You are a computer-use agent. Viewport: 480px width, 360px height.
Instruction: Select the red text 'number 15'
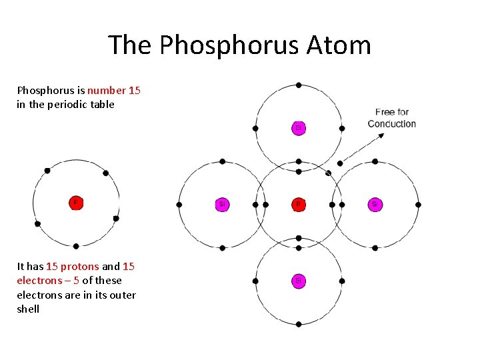point(114,90)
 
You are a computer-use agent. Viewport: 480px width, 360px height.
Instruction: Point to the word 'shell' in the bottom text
point(28,309)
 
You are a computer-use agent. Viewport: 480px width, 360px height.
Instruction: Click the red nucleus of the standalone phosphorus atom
point(76,203)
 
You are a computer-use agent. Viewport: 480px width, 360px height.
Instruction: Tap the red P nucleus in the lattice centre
point(299,205)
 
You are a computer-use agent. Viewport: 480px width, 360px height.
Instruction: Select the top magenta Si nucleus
point(299,127)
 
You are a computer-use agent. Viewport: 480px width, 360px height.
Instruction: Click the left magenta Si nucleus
point(222,205)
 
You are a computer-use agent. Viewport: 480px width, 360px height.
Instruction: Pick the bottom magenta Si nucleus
point(299,281)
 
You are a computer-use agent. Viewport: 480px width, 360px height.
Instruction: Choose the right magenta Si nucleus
point(375,205)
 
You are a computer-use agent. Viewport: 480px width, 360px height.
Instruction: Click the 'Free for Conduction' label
point(392,118)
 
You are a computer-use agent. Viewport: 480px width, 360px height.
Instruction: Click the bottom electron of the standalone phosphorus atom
point(76,246)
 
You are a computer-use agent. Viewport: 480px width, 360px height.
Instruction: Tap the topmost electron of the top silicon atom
point(299,85)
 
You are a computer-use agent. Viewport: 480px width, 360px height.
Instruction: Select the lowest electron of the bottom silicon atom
point(299,324)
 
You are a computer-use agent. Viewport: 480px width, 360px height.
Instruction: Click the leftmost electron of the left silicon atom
point(179,205)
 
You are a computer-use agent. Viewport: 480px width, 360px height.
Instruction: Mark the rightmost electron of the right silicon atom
point(418,205)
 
